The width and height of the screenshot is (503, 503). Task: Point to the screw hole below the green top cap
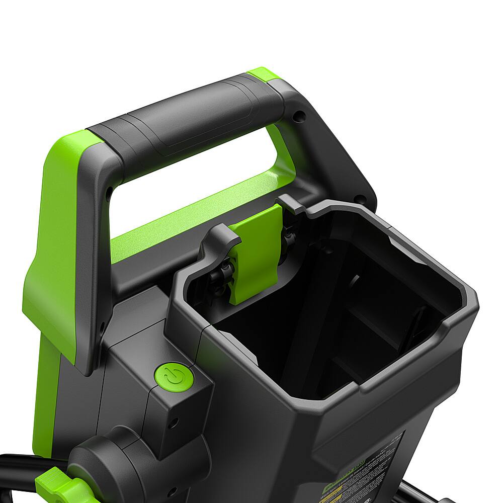299,117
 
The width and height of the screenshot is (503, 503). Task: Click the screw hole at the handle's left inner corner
109,192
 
